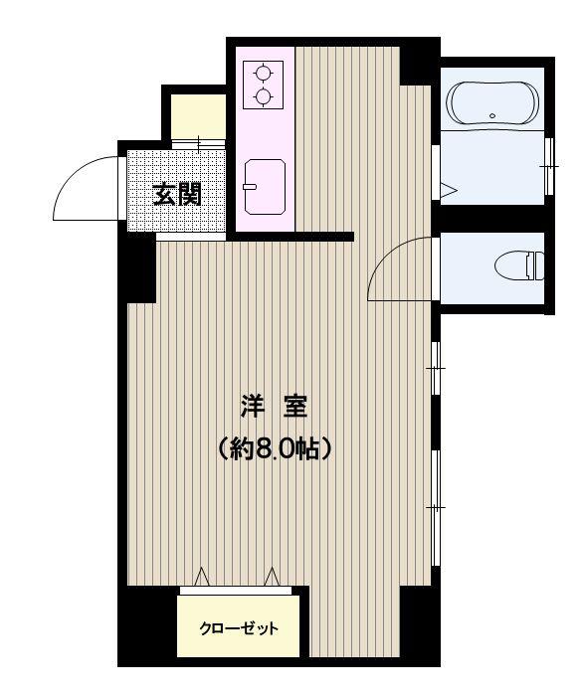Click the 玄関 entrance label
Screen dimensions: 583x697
(x=177, y=194)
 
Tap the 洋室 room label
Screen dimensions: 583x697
(x=274, y=406)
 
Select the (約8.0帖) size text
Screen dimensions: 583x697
(x=274, y=448)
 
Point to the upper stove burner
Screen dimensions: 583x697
(x=263, y=73)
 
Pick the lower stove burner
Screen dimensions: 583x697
(x=263, y=95)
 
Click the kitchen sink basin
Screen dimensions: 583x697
(x=265, y=187)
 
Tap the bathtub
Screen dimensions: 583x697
(x=492, y=101)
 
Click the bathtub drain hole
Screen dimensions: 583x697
(x=492, y=115)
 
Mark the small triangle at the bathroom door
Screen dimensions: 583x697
(x=448, y=190)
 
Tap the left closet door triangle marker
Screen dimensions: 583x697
(x=202, y=577)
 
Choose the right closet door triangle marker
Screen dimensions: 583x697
(x=272, y=577)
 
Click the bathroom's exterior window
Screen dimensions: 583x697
(x=549, y=166)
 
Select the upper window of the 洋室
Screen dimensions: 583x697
(x=436, y=369)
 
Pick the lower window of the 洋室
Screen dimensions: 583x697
(x=436, y=508)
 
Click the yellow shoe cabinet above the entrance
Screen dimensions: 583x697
(x=198, y=116)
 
